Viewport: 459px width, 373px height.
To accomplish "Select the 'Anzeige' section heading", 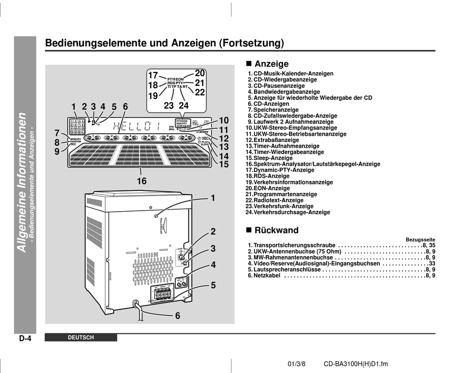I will [x=272, y=64].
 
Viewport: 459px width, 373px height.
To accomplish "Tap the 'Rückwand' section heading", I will [x=276, y=230].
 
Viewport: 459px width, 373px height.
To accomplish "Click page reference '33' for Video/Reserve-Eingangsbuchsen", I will [x=432, y=264].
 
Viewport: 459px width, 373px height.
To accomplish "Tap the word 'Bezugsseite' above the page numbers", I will [x=420, y=240].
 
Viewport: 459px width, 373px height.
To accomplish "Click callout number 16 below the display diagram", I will [x=141, y=181].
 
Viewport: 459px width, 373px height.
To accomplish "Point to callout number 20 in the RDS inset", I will [x=200, y=73].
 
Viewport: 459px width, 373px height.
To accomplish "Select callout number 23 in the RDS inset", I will [x=169, y=105].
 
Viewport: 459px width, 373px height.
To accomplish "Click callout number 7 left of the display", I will [x=57, y=132].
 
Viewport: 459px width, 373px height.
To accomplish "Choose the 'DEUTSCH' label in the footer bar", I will [x=81, y=338].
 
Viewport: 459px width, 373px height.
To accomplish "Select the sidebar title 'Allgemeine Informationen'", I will [x=22, y=182].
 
